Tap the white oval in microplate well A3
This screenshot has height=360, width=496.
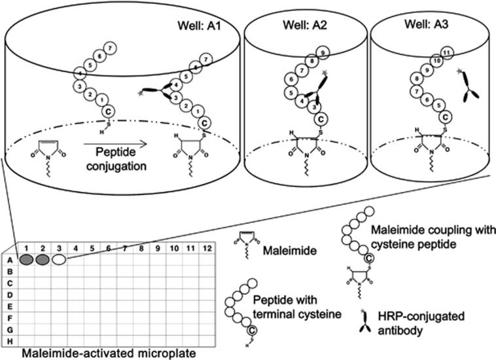(59, 260)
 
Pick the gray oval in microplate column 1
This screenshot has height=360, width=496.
(27, 260)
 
